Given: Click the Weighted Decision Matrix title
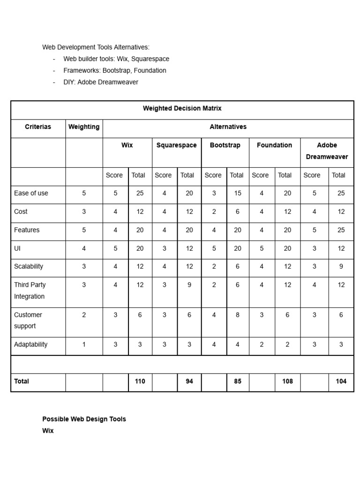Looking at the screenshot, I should coord(182,108).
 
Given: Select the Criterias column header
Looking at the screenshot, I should coord(38,127).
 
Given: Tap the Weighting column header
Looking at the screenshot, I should coord(84,127).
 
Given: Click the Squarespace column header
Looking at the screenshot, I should coord(176,145).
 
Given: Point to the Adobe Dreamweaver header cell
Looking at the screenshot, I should coord(327,151).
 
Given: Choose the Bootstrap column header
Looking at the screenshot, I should coord(225,145).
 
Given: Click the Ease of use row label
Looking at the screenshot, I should coord(31,193).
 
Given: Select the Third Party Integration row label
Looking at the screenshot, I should coord(30,291).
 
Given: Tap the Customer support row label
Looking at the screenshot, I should coord(28,320).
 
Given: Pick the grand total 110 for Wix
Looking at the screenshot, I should coord(140,382).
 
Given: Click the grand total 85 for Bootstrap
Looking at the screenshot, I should coord(238,382).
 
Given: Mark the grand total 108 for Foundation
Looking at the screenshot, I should coord(287,382).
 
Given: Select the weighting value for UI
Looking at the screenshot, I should coord(84,248).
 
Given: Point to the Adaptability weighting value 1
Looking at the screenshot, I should coord(84,345).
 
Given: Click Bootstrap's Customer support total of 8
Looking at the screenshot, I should coord(238,315).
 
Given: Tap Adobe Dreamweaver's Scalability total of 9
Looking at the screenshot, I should coord(341,266).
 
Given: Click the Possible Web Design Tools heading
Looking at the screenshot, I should coord(84,419).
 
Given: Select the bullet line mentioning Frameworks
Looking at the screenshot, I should coord(115,70).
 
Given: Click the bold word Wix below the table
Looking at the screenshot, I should coord(48,431).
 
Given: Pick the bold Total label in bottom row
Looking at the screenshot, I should coord(22,382).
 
